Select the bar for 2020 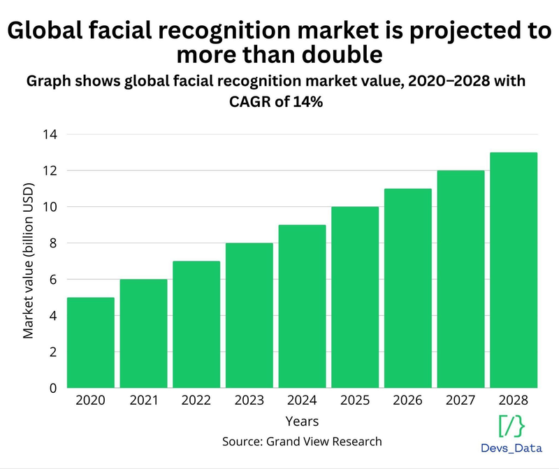(x=91, y=342)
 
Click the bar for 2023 (x=249, y=316)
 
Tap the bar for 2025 (x=355, y=298)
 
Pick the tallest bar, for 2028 (x=514, y=270)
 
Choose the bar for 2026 (x=408, y=289)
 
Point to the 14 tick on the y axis (x=50, y=135)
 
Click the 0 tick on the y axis (x=53, y=388)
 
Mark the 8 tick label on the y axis (x=53, y=243)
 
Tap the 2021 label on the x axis (x=144, y=401)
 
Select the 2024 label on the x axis (x=302, y=401)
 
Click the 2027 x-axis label (x=460, y=401)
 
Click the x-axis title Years (x=302, y=421)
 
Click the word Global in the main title (x=45, y=30)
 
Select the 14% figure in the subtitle (x=308, y=101)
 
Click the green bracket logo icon (x=511, y=426)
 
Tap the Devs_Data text (x=511, y=448)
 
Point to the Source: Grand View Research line (x=302, y=442)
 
